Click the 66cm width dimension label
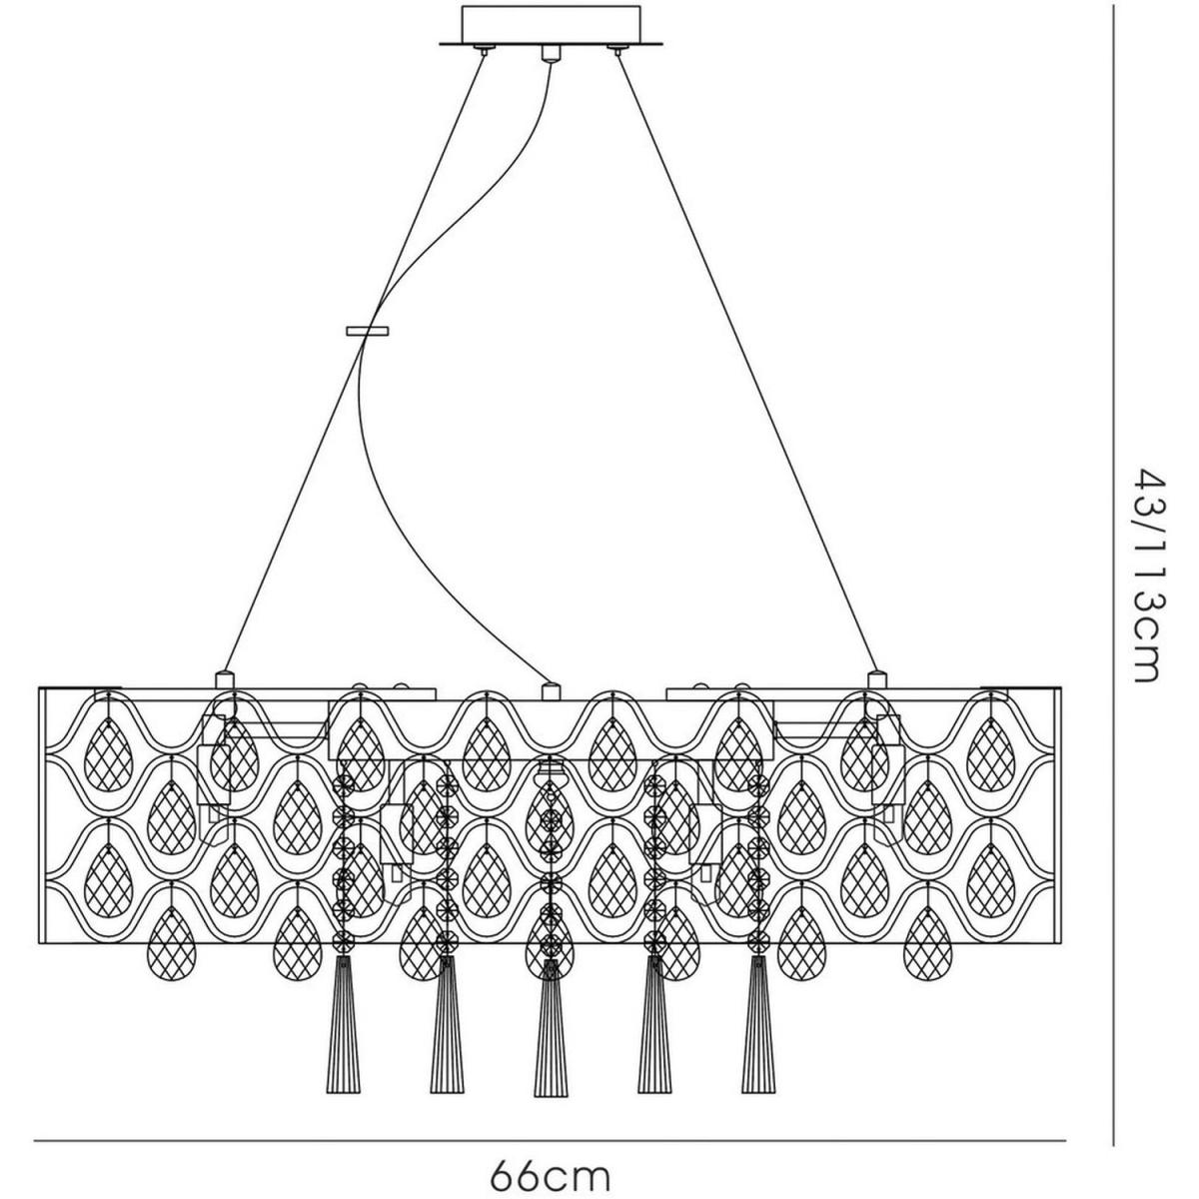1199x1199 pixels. coord(550,1168)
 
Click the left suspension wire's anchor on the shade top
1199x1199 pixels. coord(224,678)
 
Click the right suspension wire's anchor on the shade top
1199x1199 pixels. coord(876,678)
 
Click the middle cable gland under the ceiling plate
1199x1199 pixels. coord(548,53)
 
